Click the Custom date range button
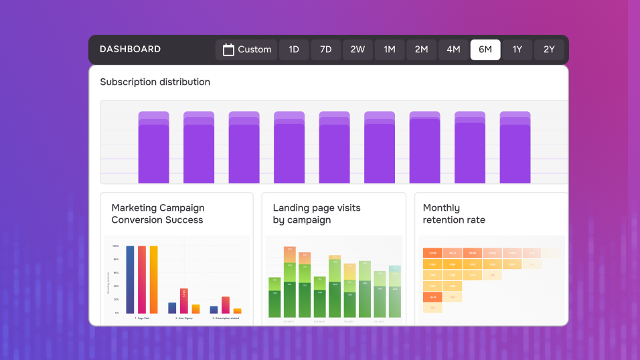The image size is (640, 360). pyautogui.click(x=246, y=50)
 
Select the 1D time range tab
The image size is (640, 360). pyautogui.click(x=293, y=50)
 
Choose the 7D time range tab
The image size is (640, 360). pyautogui.click(x=325, y=50)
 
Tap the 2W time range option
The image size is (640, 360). pyautogui.click(x=357, y=50)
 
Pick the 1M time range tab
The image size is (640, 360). pyautogui.click(x=389, y=50)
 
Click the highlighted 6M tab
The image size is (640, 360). pyautogui.click(x=485, y=50)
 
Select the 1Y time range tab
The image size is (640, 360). pyautogui.click(x=517, y=50)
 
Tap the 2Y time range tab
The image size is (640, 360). pyautogui.click(x=549, y=50)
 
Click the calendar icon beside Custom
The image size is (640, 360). pyautogui.click(x=228, y=50)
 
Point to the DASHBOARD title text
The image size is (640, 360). pyautogui.click(x=130, y=50)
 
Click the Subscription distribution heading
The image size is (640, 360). pyautogui.click(x=155, y=82)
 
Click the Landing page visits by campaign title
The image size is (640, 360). pyautogui.click(x=316, y=214)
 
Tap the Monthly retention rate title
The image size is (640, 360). pyautogui.click(x=454, y=214)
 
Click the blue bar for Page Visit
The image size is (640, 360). pyautogui.click(x=130, y=280)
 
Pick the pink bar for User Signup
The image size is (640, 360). pyautogui.click(x=183, y=301)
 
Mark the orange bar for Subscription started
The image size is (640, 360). pyautogui.click(x=237, y=310)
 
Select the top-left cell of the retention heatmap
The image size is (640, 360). pyautogui.click(x=432, y=253)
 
